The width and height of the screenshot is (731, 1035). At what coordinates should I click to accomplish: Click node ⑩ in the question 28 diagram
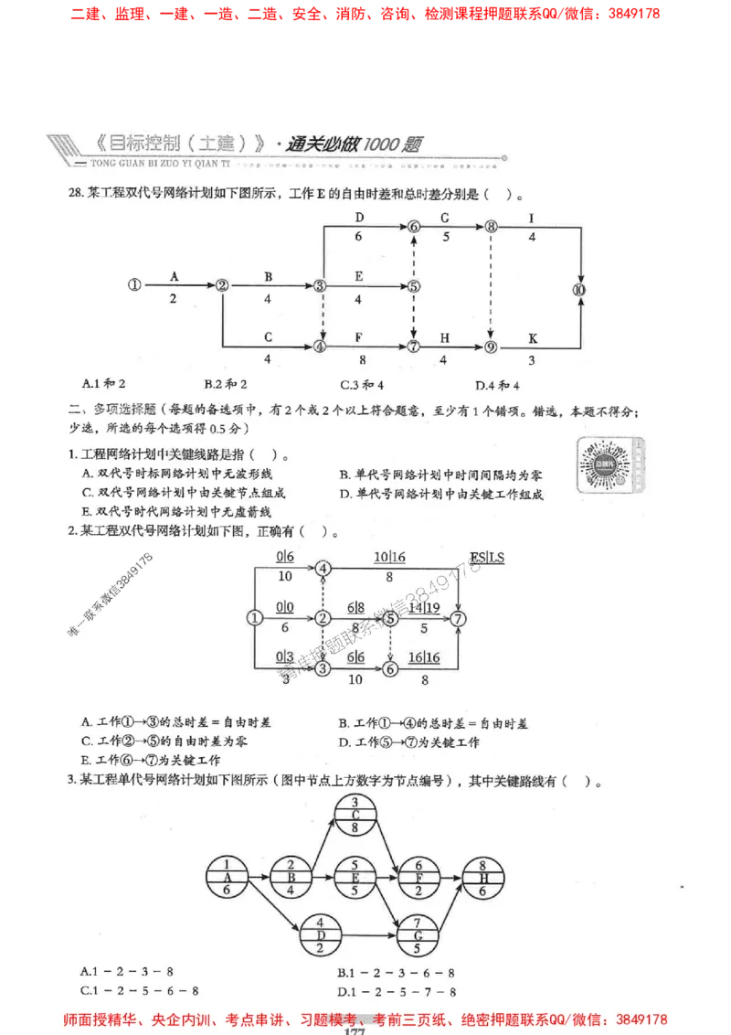point(579,290)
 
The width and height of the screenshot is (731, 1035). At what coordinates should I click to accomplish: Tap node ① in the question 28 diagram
point(135,285)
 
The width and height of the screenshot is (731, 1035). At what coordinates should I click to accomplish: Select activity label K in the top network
point(533,339)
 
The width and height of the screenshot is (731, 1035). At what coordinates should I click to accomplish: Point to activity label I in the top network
point(532,219)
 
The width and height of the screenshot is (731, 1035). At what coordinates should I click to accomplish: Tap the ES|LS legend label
point(487,558)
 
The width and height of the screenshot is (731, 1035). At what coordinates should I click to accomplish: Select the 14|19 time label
point(424,607)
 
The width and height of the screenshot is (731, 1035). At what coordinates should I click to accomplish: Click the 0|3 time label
point(285,657)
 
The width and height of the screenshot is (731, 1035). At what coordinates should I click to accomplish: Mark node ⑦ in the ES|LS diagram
point(460,619)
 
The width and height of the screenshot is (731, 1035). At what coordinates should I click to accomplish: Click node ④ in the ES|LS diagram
point(323,569)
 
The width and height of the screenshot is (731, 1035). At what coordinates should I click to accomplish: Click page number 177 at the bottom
point(355,1030)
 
